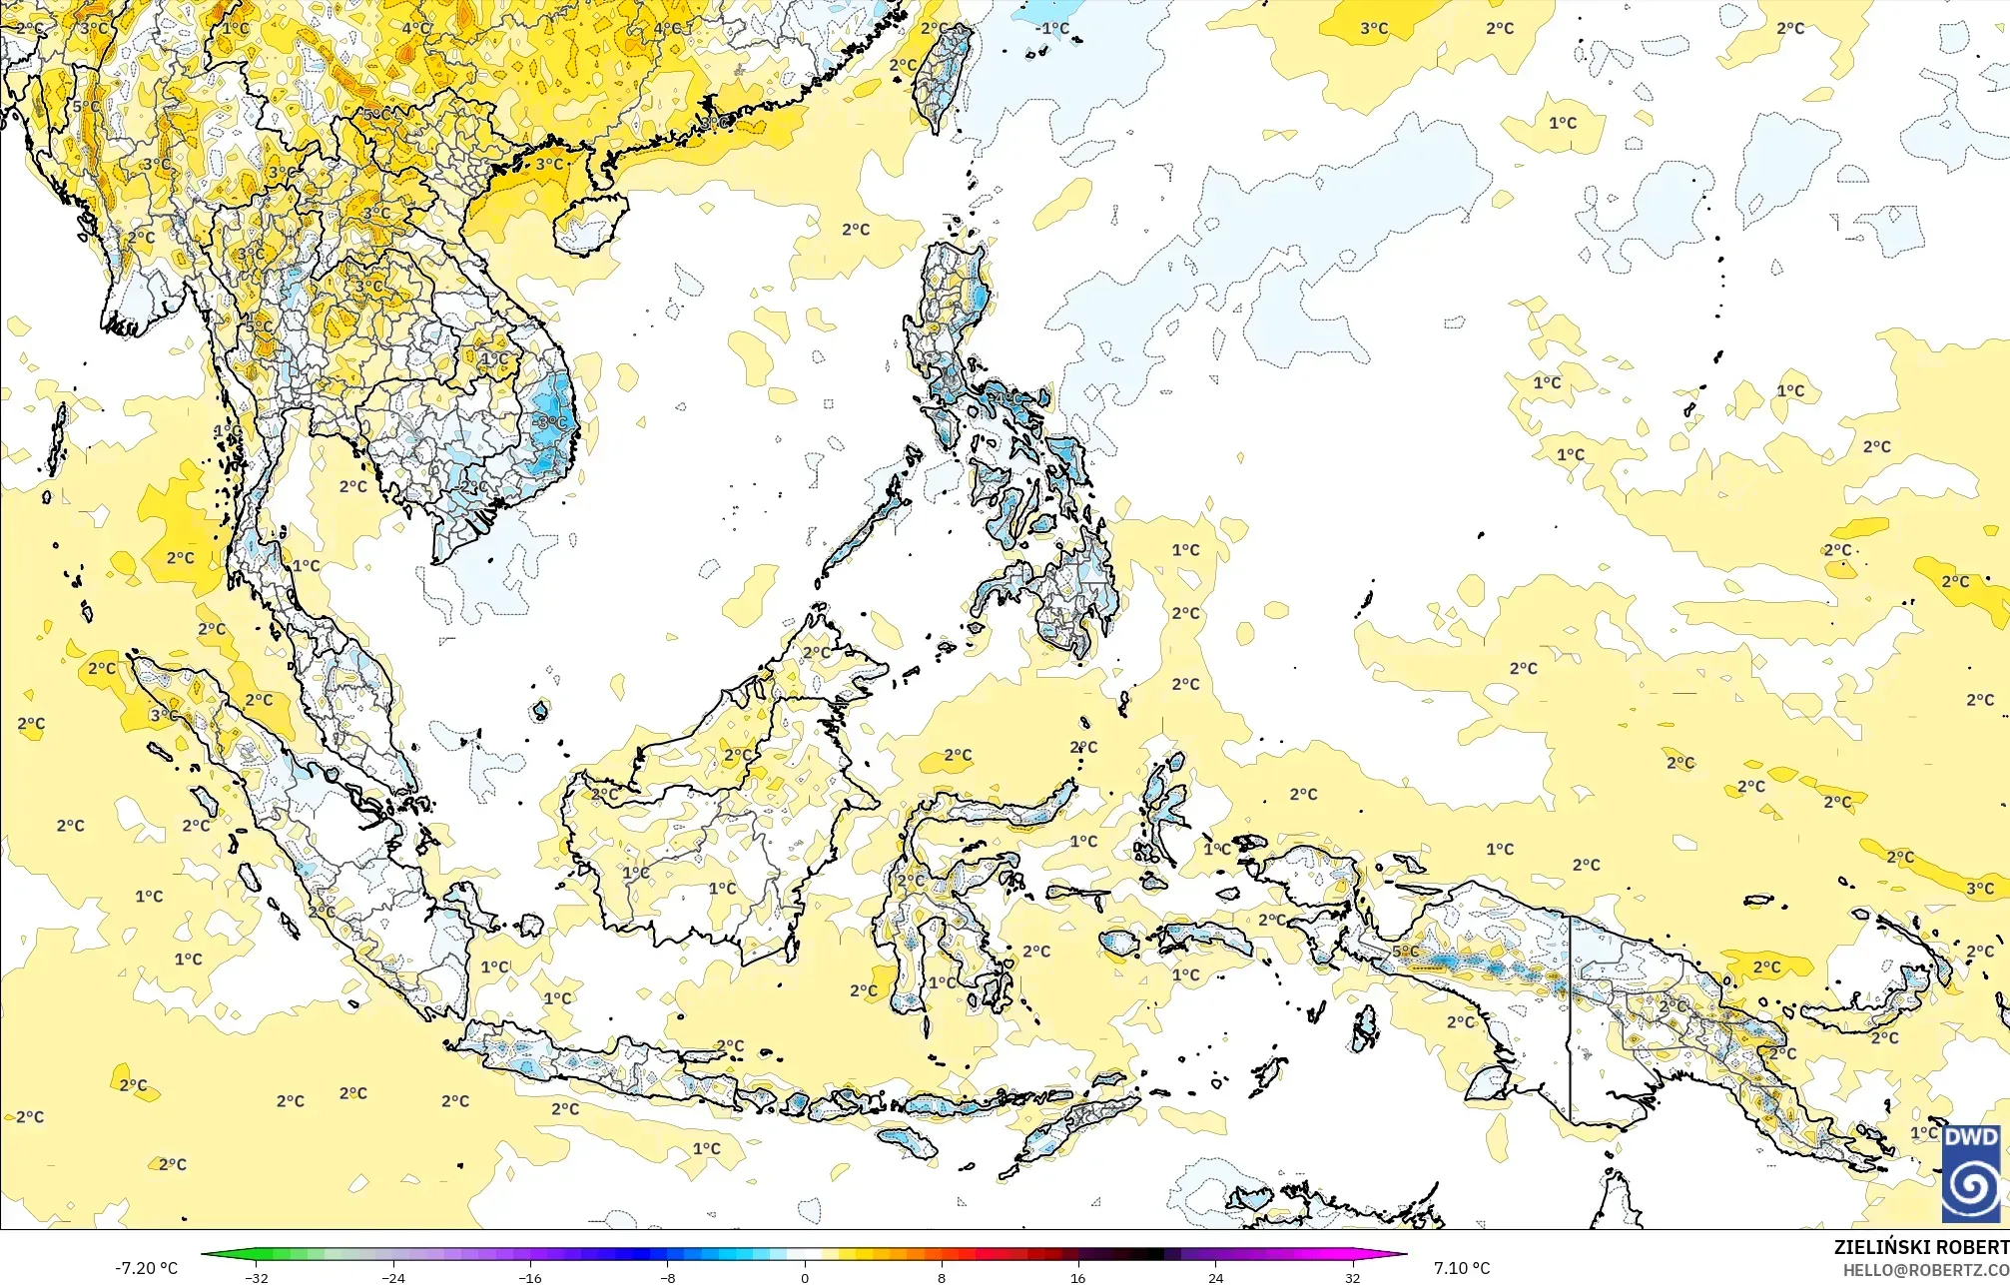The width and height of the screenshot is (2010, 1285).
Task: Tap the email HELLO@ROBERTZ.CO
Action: click(1925, 1269)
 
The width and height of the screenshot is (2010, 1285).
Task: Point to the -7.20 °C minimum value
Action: click(146, 1268)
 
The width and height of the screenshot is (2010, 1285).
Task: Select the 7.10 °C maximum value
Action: click(1462, 1268)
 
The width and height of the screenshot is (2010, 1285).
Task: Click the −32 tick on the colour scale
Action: click(257, 1277)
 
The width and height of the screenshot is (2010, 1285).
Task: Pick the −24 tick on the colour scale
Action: click(393, 1277)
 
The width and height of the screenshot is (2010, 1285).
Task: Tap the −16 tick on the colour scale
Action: click(530, 1277)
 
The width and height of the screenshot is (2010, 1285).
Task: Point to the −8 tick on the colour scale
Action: click(668, 1277)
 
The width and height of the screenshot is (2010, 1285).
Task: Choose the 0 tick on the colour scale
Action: click(805, 1277)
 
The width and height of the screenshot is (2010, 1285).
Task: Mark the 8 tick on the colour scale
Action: click(942, 1277)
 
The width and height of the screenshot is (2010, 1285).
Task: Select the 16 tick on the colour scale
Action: click(1078, 1277)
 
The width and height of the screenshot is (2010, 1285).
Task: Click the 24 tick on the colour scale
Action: click(1215, 1277)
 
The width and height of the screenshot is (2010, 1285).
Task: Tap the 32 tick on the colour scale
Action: click(1352, 1277)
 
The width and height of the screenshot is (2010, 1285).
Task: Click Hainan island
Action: click(589, 224)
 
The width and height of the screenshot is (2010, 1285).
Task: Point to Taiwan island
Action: click(944, 75)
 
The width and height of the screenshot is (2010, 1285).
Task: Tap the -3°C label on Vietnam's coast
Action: click(548, 423)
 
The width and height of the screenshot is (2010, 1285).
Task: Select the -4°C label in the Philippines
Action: click(1005, 398)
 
